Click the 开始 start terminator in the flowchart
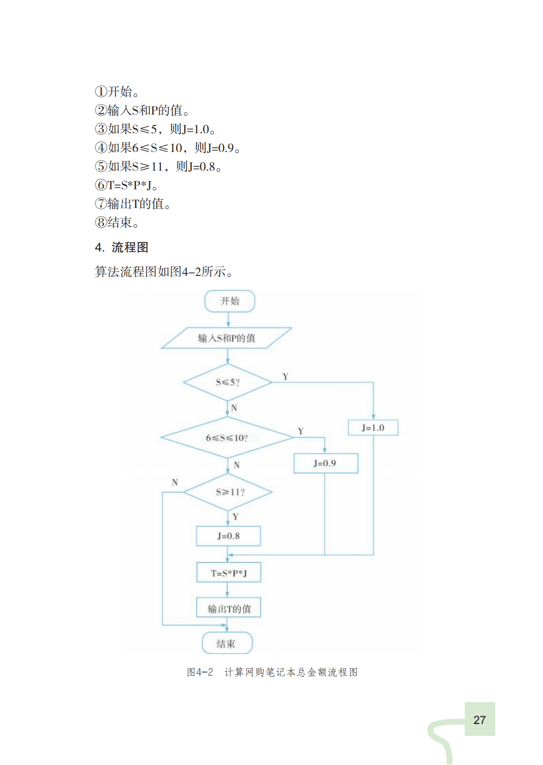pos(230,301)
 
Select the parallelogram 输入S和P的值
pos(227,338)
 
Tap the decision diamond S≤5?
pos(228,382)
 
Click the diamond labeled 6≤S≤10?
pos(227,438)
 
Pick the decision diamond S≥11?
pos(228,492)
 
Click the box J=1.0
pos(373,428)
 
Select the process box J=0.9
pos(325,463)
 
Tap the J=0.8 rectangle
pos(228,536)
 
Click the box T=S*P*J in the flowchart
pos(228,573)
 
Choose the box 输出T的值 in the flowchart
pos(228,608)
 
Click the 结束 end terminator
pos(227,644)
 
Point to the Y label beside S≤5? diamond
pos(285,377)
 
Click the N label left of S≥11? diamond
pos(175,482)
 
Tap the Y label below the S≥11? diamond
pos(235,517)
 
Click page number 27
pos(480,720)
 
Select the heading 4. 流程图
pos(122,247)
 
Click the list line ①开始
pos(117,92)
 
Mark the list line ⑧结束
pos(117,222)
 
